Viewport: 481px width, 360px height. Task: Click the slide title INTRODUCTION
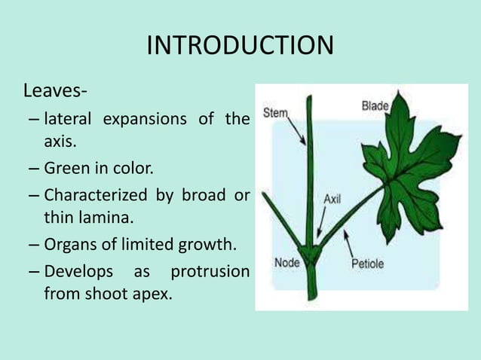coord(240,46)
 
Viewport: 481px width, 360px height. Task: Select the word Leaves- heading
coord(55,93)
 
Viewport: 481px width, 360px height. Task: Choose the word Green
coord(69,168)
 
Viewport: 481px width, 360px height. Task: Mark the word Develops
coord(79,270)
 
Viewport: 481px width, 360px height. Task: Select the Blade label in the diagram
coord(375,106)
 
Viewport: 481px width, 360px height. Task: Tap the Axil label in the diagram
coord(332,200)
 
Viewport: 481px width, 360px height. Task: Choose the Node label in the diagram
coord(286,263)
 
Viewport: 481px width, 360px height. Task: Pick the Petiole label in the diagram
coord(367,264)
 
